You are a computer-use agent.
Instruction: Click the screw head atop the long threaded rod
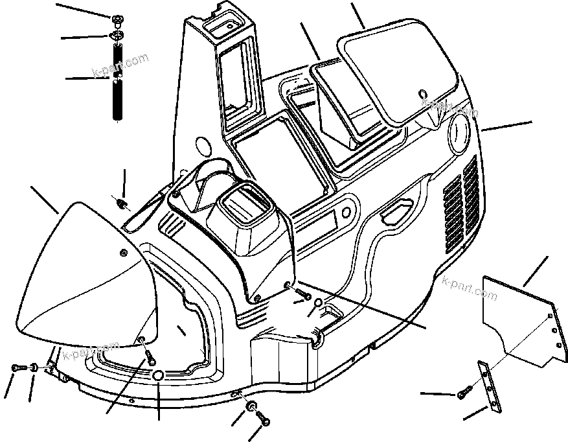point(118,19)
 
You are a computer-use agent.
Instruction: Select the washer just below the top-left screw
point(118,36)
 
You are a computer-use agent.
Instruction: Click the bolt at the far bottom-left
point(16,368)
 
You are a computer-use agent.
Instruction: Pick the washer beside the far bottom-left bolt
point(31,369)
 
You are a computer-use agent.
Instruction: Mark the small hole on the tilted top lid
point(422,93)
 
